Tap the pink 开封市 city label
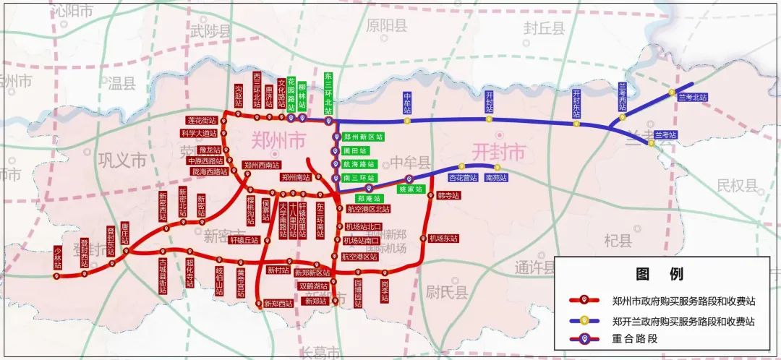(498, 153)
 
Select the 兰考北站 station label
(693, 96)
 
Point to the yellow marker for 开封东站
(576, 123)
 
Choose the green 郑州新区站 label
(363, 137)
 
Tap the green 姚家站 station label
(410, 189)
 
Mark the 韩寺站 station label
(448, 196)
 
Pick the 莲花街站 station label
(201, 120)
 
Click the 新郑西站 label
(279, 304)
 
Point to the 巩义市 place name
(122, 159)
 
